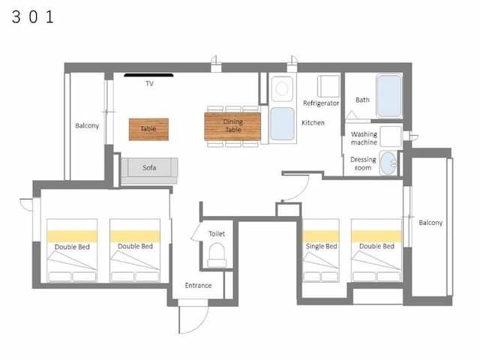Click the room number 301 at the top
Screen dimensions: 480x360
tap(33, 16)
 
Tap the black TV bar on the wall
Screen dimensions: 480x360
tap(148, 75)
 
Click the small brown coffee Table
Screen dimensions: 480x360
tap(148, 130)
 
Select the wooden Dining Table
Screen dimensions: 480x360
tap(232, 126)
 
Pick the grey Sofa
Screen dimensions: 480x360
tap(149, 171)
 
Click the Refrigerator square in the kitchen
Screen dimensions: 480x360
tap(328, 86)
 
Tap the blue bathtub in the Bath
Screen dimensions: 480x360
tap(389, 96)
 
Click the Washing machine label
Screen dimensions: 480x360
tap(364, 138)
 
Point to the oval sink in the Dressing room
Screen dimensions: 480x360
tap(388, 163)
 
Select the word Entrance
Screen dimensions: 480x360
tap(198, 285)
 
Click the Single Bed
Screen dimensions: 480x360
tap(321, 250)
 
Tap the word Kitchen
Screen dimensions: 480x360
tap(313, 123)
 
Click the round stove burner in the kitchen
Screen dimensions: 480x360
tap(282, 88)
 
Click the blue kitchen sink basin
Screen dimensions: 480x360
tap(282, 124)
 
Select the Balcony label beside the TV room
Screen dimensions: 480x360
tap(87, 126)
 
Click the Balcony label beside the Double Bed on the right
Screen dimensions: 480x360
tap(430, 223)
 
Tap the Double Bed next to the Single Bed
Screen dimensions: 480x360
tap(376, 250)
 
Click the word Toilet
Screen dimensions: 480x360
tap(217, 234)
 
